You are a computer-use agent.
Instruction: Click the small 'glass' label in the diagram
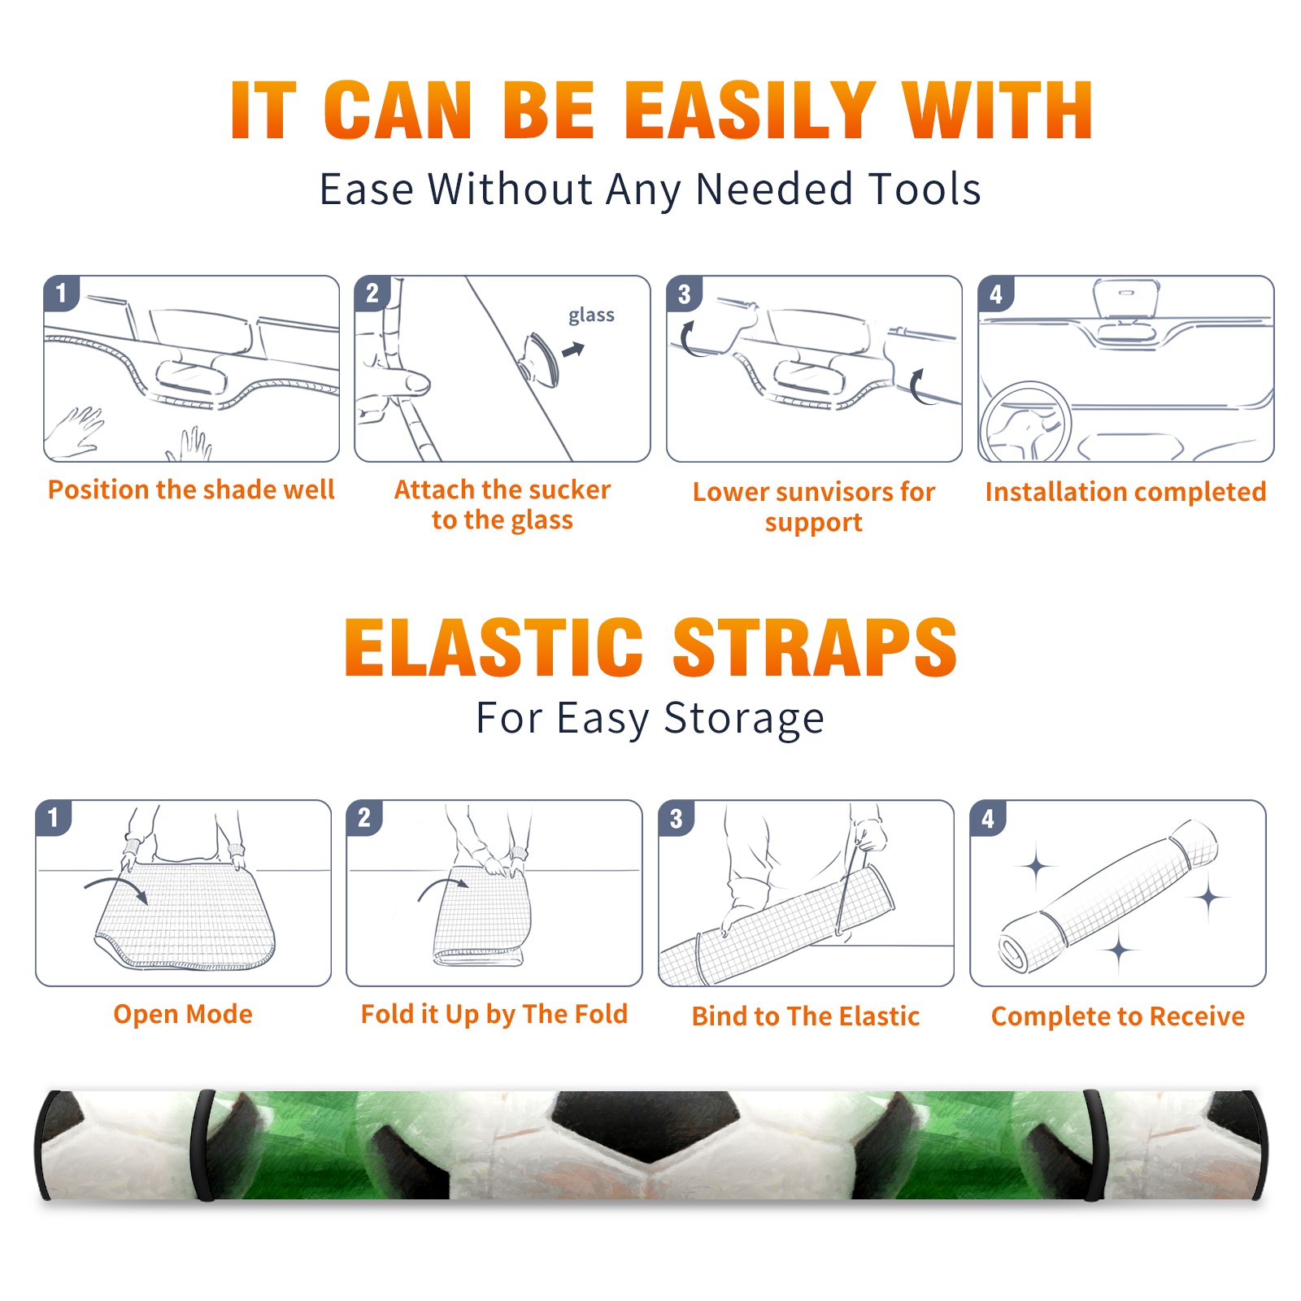[591, 315]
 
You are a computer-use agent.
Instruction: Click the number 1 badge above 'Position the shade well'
[61, 293]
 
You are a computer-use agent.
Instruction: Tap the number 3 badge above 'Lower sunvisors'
[684, 294]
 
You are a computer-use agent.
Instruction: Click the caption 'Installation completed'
[1125, 492]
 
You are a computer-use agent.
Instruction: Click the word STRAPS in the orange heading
[815, 647]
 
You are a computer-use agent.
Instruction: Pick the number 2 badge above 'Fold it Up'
[364, 817]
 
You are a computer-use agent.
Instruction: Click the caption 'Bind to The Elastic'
[806, 1016]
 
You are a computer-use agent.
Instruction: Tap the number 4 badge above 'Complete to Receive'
[988, 818]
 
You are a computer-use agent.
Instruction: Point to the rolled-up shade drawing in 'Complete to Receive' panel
[1108, 896]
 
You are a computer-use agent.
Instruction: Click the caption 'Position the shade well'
[191, 490]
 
